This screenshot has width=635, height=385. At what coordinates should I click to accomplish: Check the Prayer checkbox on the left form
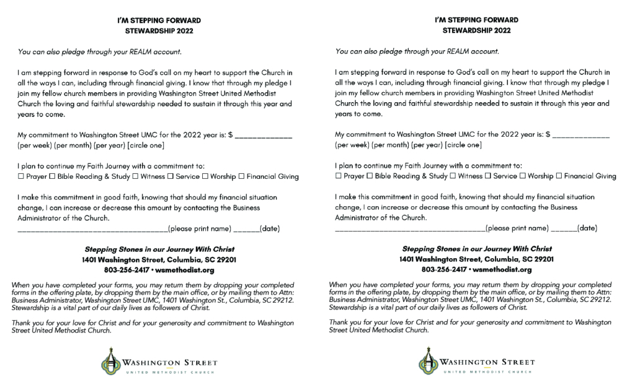click(20, 176)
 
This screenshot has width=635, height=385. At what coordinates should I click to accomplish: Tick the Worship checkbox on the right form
click(524, 176)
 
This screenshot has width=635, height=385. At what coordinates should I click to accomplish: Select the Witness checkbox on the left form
click(135, 176)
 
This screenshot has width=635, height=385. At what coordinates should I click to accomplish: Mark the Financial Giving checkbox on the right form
click(559, 176)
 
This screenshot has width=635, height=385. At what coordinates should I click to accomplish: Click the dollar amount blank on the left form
click(264, 136)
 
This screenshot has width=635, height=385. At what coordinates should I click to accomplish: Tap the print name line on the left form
click(93, 230)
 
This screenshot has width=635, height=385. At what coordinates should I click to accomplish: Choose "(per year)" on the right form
click(427, 145)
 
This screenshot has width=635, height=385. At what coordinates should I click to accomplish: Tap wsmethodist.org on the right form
click(504, 270)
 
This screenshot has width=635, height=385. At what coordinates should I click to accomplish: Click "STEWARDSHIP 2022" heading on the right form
click(477, 30)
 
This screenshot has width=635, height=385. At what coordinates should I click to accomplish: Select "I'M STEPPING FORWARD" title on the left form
click(159, 20)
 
